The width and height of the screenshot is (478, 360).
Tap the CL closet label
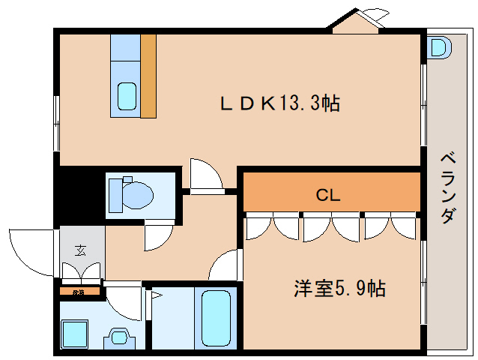(x=328, y=196)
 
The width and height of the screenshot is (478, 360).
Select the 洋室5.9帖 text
(x=339, y=289)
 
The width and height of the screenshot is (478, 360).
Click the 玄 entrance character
(x=79, y=250)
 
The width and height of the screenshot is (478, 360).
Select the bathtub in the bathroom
(x=216, y=316)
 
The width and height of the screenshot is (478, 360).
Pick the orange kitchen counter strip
(x=148, y=75)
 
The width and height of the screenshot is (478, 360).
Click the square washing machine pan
(x=76, y=333)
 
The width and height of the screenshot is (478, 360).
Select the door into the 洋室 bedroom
(x=226, y=265)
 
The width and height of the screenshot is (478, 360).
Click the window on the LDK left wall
(x=56, y=123)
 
